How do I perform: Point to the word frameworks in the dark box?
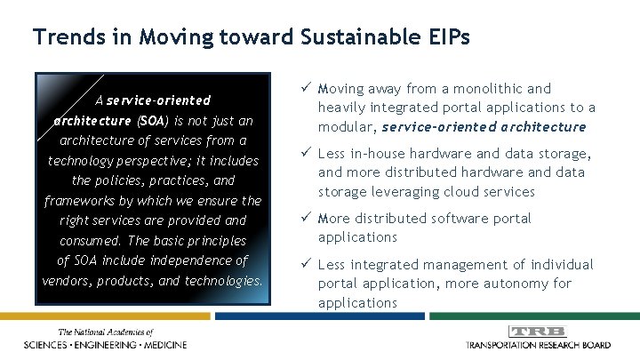pos(78,200)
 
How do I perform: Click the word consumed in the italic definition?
pos(90,241)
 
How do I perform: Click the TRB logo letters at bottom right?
pos(537,332)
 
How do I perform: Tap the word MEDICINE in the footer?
pos(157,345)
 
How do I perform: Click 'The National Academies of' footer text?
pos(106,332)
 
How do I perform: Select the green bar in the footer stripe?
pos(533,316)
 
